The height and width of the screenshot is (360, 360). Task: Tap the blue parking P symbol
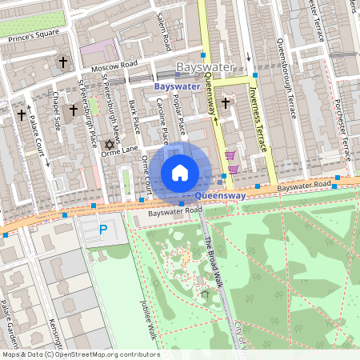point(102,230)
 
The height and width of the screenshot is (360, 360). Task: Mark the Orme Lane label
point(120,149)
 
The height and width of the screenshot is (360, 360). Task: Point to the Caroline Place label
point(163,119)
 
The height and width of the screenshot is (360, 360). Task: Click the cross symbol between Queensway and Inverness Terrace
point(226,102)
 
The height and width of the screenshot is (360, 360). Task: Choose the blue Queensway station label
point(218,194)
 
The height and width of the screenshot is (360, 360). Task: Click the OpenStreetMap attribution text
point(80,354)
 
